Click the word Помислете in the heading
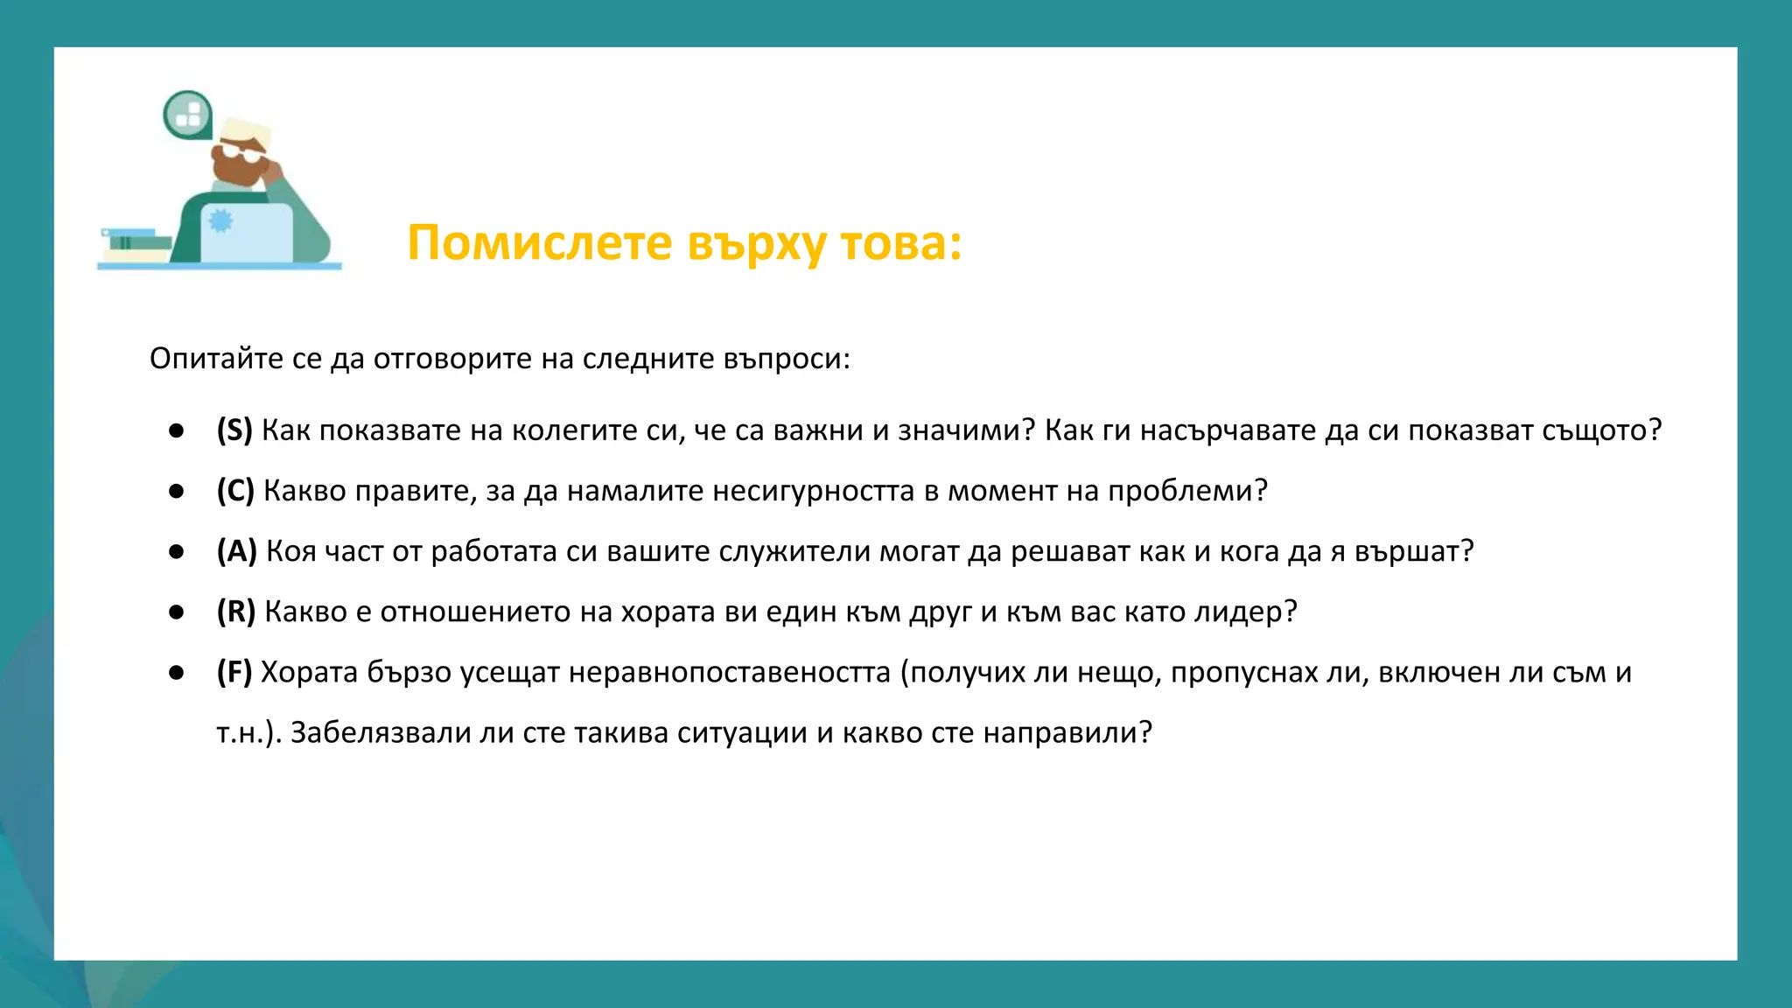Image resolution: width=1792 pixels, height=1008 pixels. pyautogui.click(x=539, y=242)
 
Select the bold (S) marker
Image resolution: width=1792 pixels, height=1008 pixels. pyautogui.click(x=234, y=430)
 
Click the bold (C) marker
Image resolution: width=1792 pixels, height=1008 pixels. pyautogui.click(x=235, y=491)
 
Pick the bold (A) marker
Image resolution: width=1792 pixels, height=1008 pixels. pyautogui.click(x=236, y=551)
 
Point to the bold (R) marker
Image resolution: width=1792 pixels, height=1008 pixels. pyautogui.click(x=236, y=612)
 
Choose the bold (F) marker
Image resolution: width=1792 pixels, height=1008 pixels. pyautogui.click(x=234, y=672)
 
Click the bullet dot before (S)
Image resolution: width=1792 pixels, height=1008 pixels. pyautogui.click(x=177, y=430)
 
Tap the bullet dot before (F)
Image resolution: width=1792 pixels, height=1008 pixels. pyautogui.click(x=177, y=672)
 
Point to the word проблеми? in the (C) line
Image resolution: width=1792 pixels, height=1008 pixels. pyautogui.click(x=1187, y=491)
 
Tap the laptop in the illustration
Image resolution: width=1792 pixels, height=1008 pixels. pyautogui.click(x=246, y=232)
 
